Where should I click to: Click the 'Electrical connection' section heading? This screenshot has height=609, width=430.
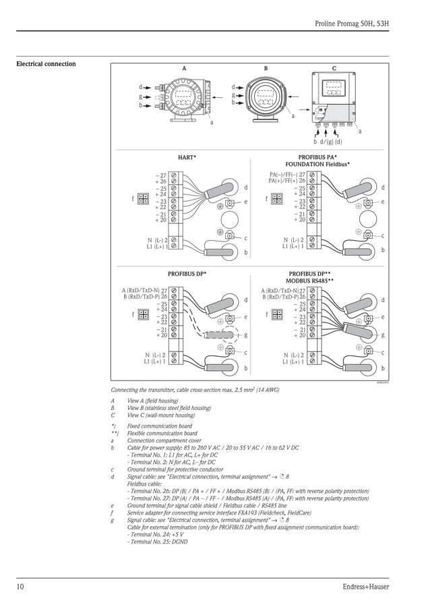coord(46,64)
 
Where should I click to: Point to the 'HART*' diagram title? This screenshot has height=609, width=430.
coord(187,157)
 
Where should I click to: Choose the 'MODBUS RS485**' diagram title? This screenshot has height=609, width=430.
coord(310,279)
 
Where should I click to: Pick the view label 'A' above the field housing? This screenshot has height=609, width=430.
coord(184,69)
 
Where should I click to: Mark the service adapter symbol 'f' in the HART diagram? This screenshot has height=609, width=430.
coord(143,198)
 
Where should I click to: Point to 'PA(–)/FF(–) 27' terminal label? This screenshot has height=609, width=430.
coord(287,175)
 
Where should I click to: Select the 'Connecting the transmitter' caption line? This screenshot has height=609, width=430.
coord(195,390)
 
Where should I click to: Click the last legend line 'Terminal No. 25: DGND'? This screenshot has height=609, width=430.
coord(157,542)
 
